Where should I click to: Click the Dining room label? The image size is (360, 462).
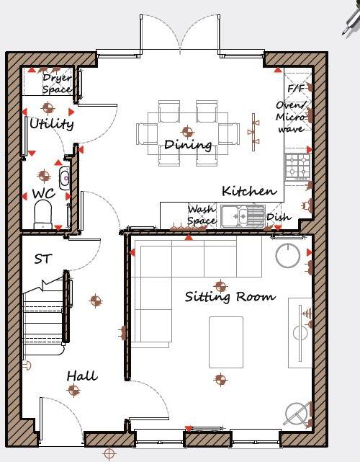188,145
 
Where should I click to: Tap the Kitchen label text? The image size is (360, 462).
249,191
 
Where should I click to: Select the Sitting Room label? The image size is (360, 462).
230,296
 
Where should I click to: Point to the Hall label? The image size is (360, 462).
82,376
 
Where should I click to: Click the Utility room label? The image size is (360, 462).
51,124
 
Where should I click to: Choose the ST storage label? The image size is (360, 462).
43,258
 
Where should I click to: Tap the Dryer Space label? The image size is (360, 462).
57,84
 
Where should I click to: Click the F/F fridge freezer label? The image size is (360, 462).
295,89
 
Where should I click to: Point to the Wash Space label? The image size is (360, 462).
202,215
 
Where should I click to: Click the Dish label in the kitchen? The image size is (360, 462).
279,216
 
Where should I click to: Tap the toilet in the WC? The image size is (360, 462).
43,214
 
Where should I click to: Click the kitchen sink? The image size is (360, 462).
243,215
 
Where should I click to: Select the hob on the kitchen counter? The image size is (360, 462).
297,166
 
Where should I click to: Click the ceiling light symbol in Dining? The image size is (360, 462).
188,132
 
